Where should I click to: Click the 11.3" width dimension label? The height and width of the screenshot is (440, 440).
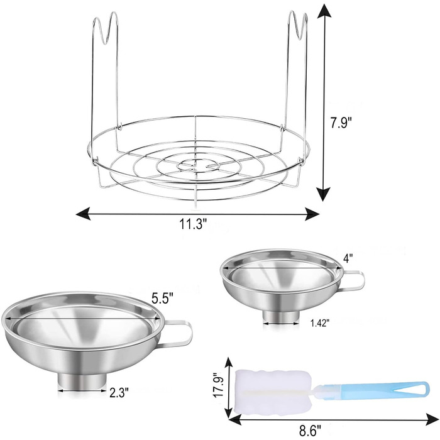point(193,224)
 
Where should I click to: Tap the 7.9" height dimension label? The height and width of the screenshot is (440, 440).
point(341,123)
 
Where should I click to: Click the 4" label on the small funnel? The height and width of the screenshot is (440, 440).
point(348,258)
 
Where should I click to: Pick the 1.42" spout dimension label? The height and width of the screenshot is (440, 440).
point(319,323)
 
